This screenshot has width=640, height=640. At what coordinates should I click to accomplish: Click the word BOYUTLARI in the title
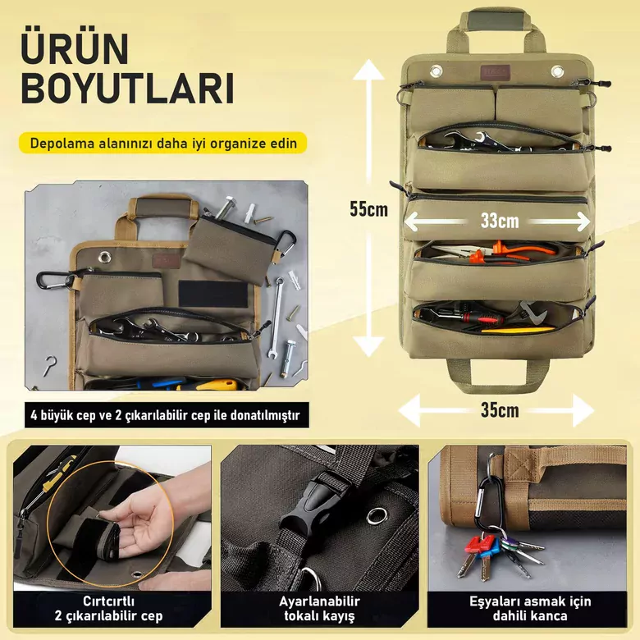click(x=128, y=89)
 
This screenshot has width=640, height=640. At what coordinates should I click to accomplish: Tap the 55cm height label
click(x=368, y=209)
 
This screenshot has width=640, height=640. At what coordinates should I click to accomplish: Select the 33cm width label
click(x=500, y=221)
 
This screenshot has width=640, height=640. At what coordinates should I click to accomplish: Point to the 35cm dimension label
click(x=500, y=409)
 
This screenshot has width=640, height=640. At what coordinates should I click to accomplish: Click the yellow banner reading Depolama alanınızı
click(x=162, y=143)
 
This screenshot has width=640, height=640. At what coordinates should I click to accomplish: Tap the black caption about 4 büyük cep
click(x=167, y=415)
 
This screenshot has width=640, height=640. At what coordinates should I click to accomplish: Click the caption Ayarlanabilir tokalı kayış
click(x=319, y=608)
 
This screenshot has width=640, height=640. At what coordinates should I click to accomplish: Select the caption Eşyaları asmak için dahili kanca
click(x=530, y=608)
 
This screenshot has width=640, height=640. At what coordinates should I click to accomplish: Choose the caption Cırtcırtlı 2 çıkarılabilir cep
click(x=108, y=608)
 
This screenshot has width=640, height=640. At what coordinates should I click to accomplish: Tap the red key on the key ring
click(x=473, y=555)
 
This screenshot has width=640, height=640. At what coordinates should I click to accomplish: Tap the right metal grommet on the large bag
click(x=557, y=71)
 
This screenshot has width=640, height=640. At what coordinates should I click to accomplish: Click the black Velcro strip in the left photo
click(x=213, y=293)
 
